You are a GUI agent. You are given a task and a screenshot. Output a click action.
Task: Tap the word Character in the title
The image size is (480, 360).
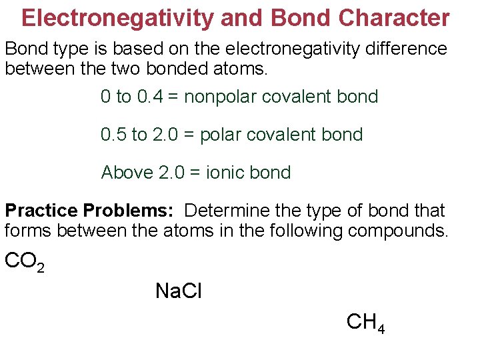pyautogui.click(x=394, y=18)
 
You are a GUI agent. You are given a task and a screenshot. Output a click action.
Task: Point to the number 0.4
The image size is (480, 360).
pyautogui.click(x=149, y=97)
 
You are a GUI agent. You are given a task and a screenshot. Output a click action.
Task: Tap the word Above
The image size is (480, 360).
pyautogui.click(x=127, y=173)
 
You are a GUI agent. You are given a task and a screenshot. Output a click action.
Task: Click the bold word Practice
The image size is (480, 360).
pyautogui.click(x=42, y=211)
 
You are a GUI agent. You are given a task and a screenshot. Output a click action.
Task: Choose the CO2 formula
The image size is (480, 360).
pyautogui.click(x=25, y=261)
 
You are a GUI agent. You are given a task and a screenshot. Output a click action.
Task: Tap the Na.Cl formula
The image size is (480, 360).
pyautogui.click(x=178, y=291)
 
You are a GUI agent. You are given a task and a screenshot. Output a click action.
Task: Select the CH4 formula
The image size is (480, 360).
pyautogui.click(x=365, y=323)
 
